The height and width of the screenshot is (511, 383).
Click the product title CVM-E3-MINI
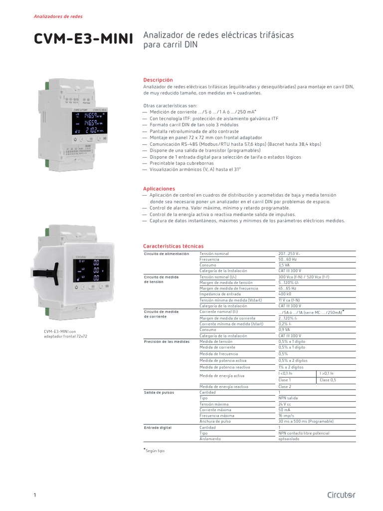click(x=83, y=39)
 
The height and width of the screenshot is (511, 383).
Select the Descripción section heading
click(x=158, y=80)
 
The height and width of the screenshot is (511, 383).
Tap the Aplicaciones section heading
click(x=159, y=189)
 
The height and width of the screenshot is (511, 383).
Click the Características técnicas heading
click(x=173, y=246)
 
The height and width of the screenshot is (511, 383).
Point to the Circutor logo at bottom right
click(x=341, y=495)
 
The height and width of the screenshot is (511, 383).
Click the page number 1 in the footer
click(x=35, y=495)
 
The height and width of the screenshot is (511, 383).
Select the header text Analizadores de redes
click(x=58, y=16)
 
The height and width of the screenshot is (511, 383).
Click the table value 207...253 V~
click(x=289, y=254)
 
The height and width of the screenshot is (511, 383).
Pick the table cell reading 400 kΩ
click(x=285, y=294)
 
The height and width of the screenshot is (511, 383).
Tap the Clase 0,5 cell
click(x=328, y=380)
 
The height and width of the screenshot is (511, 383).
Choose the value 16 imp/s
click(x=287, y=415)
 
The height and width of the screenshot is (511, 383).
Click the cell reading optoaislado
click(x=289, y=439)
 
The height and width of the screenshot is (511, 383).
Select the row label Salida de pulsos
click(x=159, y=393)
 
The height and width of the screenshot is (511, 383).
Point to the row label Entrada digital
click(x=158, y=428)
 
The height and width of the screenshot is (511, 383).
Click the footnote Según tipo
click(x=155, y=451)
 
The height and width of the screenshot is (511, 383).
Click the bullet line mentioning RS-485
click(x=235, y=144)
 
